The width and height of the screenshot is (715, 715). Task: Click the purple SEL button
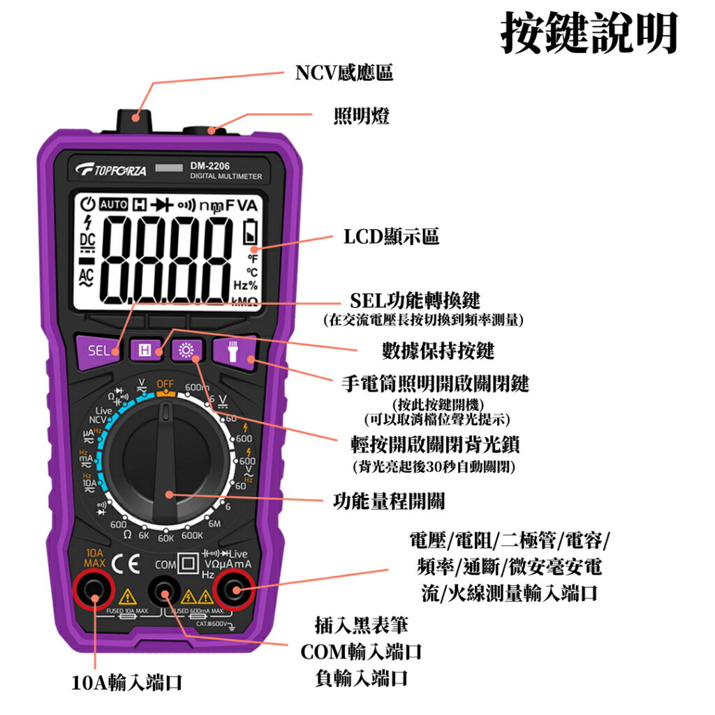pos(98,351)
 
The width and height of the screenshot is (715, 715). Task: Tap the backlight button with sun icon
pos(186,351)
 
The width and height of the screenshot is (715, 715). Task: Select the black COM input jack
pos(165,594)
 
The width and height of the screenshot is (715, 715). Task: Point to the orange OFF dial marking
pos(165,384)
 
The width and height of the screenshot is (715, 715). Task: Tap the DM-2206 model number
pos(209,165)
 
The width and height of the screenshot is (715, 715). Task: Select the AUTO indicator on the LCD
pos(114,205)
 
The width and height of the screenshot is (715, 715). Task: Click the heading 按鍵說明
pos(589,33)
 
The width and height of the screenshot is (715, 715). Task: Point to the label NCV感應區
pos(344,73)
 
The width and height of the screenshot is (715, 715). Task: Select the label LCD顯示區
pos(391,237)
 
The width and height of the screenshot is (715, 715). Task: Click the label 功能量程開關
pos(389,501)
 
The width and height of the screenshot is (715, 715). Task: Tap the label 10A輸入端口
pos(127,682)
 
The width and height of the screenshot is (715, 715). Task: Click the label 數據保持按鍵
pos(438,350)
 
